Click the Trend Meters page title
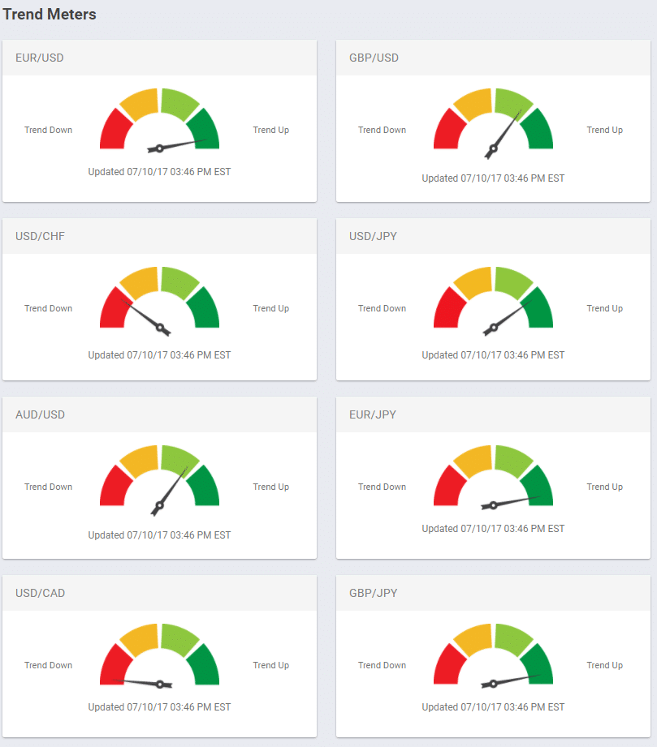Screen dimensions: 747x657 tap(50, 14)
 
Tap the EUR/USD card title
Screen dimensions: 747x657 tap(40, 58)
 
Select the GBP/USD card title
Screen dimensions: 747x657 tap(374, 58)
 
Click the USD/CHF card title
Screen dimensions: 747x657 tap(40, 236)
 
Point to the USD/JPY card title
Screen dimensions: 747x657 tap(373, 236)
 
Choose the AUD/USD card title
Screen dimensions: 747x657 tap(40, 414)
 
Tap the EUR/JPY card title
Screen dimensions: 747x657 tap(373, 414)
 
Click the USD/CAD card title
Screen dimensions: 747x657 tap(40, 593)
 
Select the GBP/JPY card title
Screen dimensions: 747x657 tap(374, 593)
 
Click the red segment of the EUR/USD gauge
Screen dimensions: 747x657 tap(115, 131)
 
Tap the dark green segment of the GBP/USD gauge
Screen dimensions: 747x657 tap(537, 131)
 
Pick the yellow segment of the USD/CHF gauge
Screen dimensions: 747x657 tap(140, 281)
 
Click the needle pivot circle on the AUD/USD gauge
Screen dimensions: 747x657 tap(159, 505)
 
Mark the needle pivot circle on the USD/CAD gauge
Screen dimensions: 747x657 tap(160, 684)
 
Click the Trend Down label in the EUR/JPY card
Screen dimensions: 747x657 tap(382, 487)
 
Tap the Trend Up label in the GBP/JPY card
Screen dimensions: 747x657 tap(604, 665)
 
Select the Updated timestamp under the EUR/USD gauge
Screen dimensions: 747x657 tap(159, 171)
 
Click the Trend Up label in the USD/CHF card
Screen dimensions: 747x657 tap(270, 308)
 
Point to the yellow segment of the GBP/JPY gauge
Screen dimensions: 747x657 tap(473, 638)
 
